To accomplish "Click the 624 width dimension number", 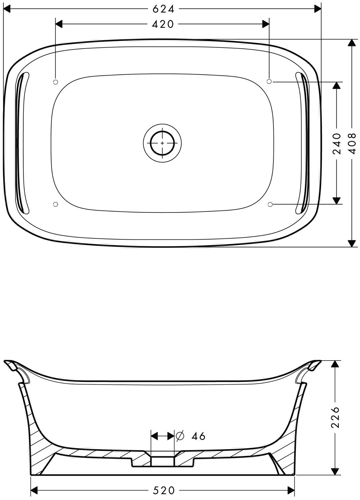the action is pos(163,9).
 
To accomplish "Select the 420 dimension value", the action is pos(163,24).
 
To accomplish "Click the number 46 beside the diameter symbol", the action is pos(198,436).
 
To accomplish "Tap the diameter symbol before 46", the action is pos(180,436).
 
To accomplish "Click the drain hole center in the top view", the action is pos(162,143).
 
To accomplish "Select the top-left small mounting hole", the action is pos(56,82).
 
